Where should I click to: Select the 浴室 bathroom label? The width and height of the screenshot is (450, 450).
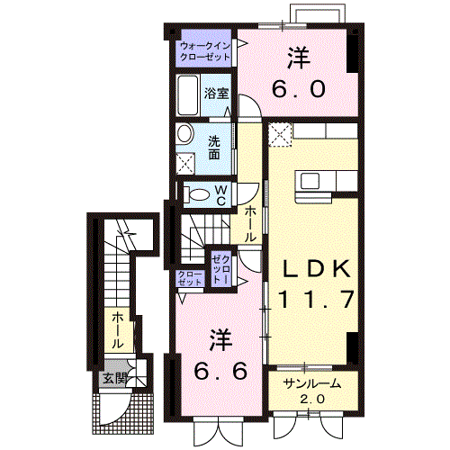click(216, 93)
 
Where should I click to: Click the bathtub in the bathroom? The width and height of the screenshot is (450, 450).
click(188, 95)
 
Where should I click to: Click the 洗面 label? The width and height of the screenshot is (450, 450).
click(215, 147)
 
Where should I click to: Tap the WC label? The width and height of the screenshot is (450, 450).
click(219, 193)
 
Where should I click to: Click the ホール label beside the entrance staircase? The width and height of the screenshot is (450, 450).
click(117, 331)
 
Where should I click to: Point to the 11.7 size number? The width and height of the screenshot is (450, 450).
click(310, 299)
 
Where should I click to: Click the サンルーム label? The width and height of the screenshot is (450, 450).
click(308, 383)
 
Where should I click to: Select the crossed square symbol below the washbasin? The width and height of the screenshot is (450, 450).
click(186, 164)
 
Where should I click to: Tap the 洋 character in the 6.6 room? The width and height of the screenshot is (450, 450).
click(220, 339)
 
